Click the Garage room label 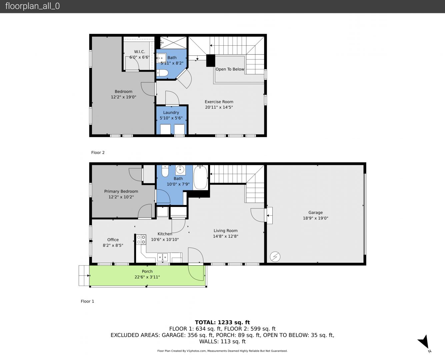tap(315, 212)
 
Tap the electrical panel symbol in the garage tap(275, 257)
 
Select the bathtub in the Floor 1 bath tap(201, 178)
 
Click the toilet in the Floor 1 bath tap(165, 171)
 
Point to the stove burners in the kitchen tap(141, 239)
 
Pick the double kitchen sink tap(162, 257)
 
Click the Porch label tap(147, 271)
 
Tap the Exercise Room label tap(219, 102)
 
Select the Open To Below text tap(230, 69)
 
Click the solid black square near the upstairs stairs tap(211, 61)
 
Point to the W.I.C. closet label tap(139, 52)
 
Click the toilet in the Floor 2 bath tap(162, 73)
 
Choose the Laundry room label tap(171, 112)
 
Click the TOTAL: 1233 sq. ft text tap(222, 322)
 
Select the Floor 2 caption tap(98, 153)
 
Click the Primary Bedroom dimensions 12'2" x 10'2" tap(121, 197)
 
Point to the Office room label tap(113, 240)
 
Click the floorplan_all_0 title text tap(33, 6)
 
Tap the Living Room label tap(225, 231)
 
